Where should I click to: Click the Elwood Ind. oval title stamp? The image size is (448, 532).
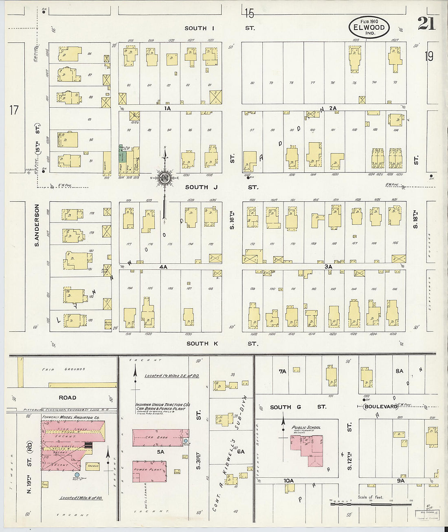[369, 27]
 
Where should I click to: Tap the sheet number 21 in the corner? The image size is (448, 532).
[426, 24]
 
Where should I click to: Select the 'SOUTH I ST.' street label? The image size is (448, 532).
[220, 28]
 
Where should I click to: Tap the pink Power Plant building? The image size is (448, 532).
[149, 472]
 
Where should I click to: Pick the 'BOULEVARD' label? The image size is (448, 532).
[381, 406]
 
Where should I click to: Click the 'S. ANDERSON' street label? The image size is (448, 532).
[37, 225]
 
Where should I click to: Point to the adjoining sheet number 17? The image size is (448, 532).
[14, 110]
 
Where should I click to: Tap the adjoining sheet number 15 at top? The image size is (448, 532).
[249, 14]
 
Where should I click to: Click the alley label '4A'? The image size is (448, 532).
[163, 267]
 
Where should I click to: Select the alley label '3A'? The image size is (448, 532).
[329, 267]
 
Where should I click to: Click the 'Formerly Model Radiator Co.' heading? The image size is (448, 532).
[72, 417]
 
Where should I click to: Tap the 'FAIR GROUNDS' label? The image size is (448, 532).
[63, 369]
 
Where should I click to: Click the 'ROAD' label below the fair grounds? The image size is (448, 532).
[67, 397]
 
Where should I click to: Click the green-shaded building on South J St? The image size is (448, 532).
[121, 155]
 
